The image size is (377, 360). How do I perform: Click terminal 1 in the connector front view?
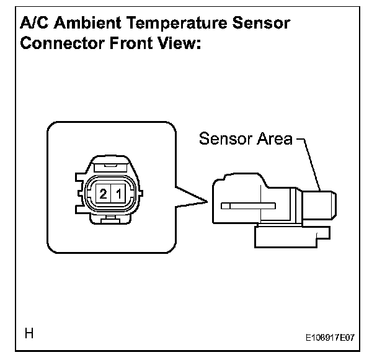118,195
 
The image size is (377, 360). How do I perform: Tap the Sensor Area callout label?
245,139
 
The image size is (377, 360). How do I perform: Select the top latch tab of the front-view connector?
110,166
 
